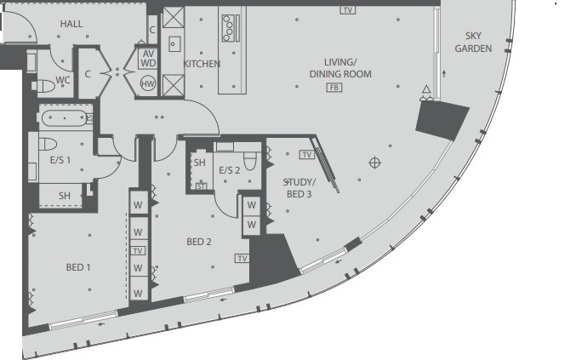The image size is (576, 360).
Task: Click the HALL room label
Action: [x=71, y=24]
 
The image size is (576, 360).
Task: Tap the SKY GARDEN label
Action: [x=473, y=42]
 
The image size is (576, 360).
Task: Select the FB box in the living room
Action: [x=334, y=88]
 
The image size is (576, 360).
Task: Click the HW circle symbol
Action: [x=148, y=83]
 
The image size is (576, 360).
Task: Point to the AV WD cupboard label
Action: [x=148, y=59]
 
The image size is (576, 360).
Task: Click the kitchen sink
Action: [x=174, y=44]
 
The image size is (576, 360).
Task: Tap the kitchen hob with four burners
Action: [x=229, y=28]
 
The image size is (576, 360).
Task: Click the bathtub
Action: [x=65, y=118]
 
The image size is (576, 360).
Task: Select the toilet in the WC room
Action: [x=43, y=86]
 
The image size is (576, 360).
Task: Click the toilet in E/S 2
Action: [x=250, y=161]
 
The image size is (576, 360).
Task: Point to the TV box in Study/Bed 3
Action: [x=307, y=155]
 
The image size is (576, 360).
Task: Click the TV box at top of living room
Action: [x=347, y=10]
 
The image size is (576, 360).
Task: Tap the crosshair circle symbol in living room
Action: [x=374, y=163]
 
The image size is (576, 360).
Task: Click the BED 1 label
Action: [x=78, y=267]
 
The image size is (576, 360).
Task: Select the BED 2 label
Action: [x=199, y=242]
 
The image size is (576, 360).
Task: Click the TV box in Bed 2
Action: [x=242, y=258]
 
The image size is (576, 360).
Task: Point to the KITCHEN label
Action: [x=202, y=64]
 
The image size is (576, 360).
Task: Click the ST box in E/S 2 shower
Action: [x=201, y=186]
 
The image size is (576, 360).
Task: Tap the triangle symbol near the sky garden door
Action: [x=426, y=89]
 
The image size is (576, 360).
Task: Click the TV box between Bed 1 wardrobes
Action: [x=138, y=251]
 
